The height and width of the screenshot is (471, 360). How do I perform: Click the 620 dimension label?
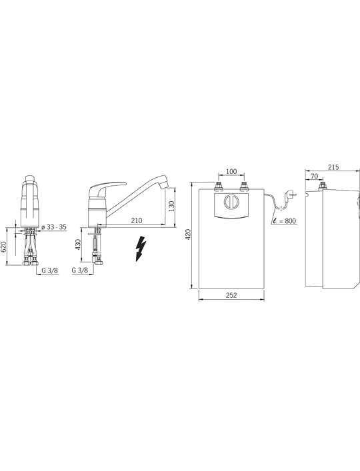[x=3, y=247]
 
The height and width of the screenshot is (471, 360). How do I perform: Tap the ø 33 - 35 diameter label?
[x=54, y=227]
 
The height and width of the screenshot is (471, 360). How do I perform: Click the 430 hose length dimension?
[x=78, y=244]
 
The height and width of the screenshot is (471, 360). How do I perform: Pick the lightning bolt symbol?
[x=141, y=248]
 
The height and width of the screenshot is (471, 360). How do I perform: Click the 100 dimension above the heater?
[x=231, y=171]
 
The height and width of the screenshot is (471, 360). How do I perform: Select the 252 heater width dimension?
[x=231, y=295]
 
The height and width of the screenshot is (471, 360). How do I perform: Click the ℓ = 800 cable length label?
[x=284, y=221]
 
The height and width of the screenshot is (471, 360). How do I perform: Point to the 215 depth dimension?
[x=333, y=167]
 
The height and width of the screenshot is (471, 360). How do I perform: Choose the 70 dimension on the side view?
[x=314, y=177]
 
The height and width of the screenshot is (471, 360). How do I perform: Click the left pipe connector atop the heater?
[x=219, y=186]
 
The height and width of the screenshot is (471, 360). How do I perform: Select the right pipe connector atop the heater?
[x=244, y=186]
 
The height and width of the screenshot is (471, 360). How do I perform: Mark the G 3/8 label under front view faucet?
[x=50, y=270]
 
